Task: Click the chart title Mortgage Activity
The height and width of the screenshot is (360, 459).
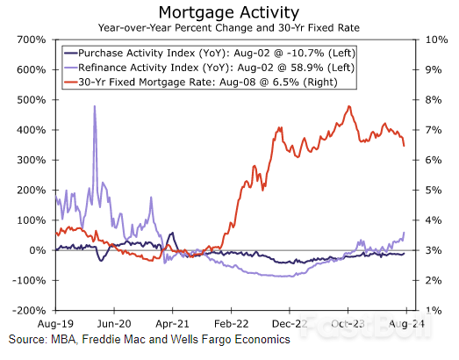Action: [230, 11]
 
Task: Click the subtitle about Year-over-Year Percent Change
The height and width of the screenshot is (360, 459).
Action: [230, 27]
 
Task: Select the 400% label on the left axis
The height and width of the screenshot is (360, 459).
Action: [32, 130]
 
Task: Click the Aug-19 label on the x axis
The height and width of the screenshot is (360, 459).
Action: [55, 323]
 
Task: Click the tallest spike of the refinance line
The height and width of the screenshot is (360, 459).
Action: [94, 107]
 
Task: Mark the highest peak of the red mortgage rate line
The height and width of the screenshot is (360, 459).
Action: [349, 107]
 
